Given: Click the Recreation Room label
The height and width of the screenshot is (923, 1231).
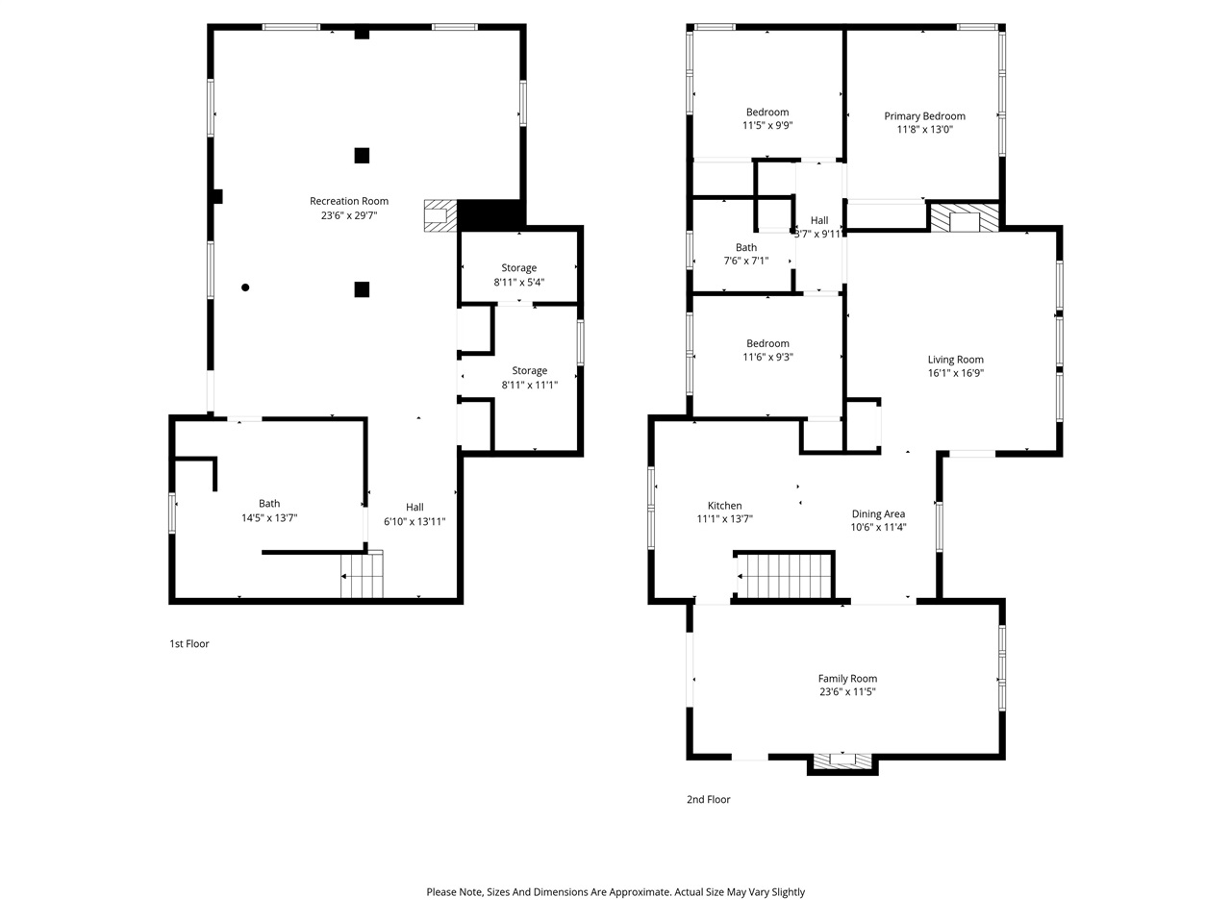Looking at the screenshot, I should (348, 201).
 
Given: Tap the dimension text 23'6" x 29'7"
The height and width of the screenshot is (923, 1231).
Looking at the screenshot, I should (348, 216).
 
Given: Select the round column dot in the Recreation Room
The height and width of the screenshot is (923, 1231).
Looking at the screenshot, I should (246, 287).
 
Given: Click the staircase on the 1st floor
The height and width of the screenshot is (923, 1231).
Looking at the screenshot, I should (363, 577).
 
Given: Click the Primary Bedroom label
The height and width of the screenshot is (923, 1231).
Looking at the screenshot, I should (924, 116).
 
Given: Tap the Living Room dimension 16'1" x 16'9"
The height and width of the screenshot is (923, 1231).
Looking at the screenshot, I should (955, 374).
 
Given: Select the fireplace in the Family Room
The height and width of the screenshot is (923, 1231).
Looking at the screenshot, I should (842, 761).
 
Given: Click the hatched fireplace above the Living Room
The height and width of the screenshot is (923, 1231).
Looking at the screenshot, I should (964, 217).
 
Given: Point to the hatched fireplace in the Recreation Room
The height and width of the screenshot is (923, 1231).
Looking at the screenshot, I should (440, 215).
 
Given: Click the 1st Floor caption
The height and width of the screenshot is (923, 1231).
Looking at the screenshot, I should (188, 644).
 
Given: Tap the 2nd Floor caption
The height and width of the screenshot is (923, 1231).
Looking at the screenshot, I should (708, 799).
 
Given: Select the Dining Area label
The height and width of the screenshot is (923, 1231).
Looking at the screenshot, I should (878, 513).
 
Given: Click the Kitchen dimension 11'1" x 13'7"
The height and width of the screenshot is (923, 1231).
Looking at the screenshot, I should (724, 519).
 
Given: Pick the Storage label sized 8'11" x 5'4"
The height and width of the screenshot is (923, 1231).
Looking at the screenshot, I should (518, 268).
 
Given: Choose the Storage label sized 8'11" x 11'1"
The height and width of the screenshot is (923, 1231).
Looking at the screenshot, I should (529, 371).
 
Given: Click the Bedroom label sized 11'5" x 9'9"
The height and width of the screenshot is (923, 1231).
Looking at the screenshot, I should (766, 112).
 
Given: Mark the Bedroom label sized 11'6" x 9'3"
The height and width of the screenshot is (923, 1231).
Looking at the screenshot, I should (766, 343).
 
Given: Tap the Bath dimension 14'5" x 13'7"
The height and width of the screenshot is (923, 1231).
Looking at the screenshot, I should (269, 518).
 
